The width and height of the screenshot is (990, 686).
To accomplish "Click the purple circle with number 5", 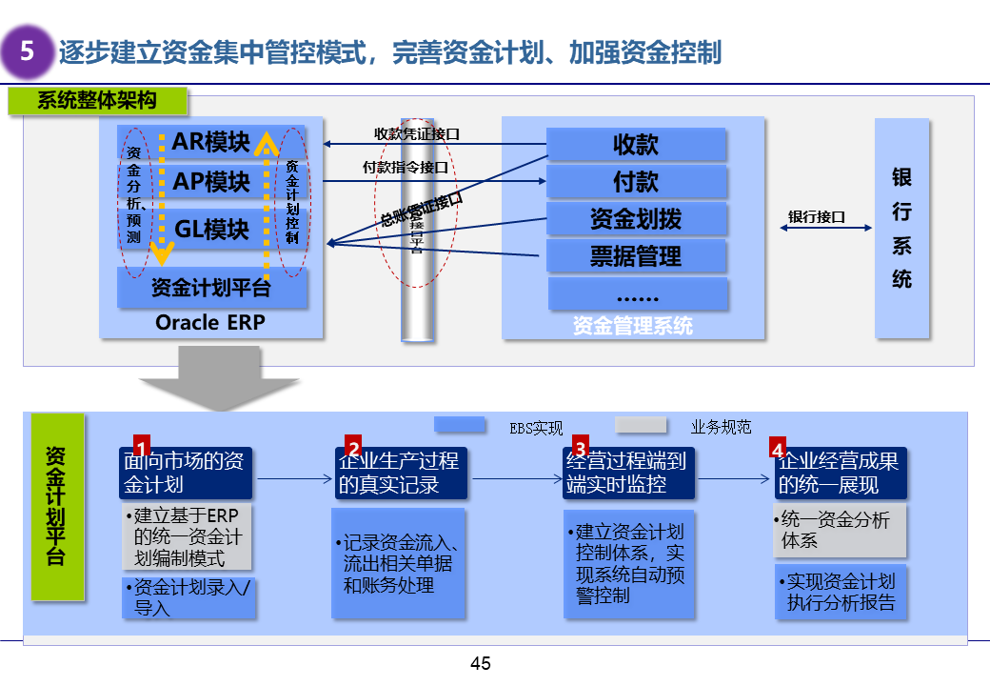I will tap(28, 51).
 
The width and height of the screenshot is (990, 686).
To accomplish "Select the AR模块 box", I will tap(211, 142).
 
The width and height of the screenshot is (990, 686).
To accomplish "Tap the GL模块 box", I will tap(211, 229).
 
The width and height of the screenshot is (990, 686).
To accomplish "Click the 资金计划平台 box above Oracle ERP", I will tap(211, 287).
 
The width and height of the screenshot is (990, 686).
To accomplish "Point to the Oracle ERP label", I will tap(210, 323).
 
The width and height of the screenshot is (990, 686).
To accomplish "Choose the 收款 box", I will tap(636, 145).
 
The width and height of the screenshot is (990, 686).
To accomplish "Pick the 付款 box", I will tap(636, 182).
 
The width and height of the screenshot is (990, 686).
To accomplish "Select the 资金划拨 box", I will tap(636, 219).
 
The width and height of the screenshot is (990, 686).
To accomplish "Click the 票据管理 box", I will tap(636, 256).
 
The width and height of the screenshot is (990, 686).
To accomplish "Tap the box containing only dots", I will tap(636, 293).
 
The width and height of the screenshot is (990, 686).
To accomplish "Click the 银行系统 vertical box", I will tap(901, 228).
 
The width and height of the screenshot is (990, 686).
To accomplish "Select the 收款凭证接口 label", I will tap(417, 134).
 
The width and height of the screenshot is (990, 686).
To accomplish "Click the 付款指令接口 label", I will tap(406, 168).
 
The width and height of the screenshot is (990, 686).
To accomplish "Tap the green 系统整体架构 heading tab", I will tap(98, 100).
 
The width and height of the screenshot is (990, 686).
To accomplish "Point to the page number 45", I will tap(481, 663).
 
